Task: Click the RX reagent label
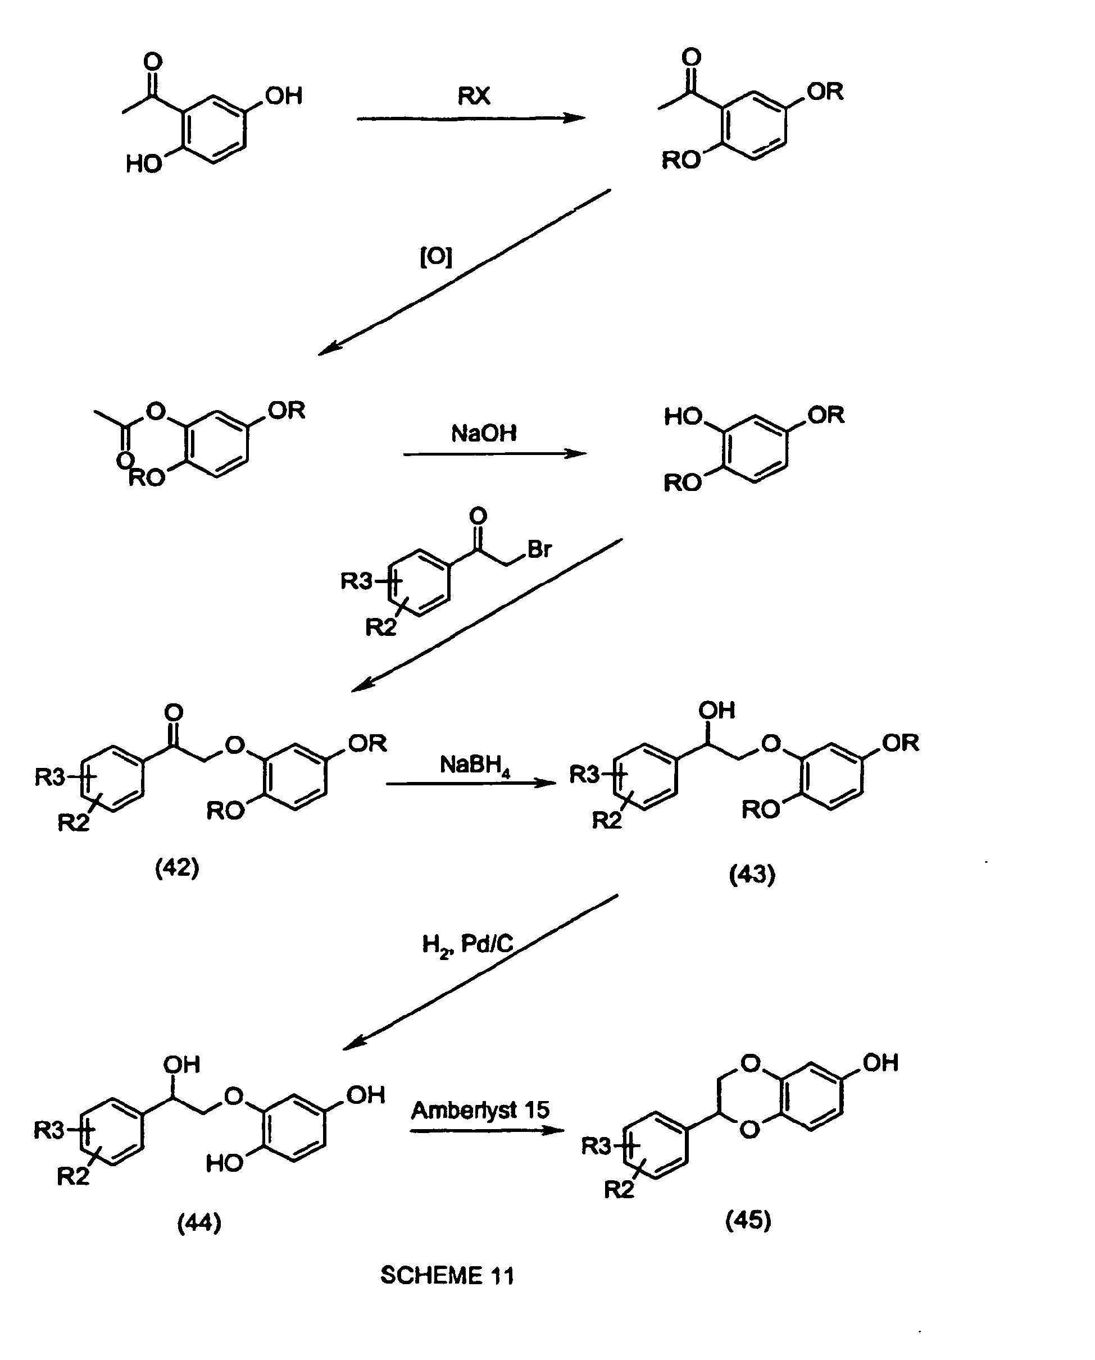tap(474, 96)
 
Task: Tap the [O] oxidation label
tap(436, 257)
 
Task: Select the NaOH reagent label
tap(484, 433)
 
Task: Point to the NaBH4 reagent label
tap(475, 766)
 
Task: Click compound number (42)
tap(177, 868)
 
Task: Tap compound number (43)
tap(752, 874)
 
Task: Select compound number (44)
tap(199, 1222)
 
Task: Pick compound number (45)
tap(748, 1220)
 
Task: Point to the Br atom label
tap(540, 549)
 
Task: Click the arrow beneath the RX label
tap(471, 118)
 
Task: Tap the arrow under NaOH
tap(495, 453)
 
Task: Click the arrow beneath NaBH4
tap(471, 783)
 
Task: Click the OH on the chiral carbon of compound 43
tap(716, 710)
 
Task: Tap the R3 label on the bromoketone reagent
tap(356, 580)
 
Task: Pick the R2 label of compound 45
tap(619, 1190)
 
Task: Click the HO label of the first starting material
tap(144, 165)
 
